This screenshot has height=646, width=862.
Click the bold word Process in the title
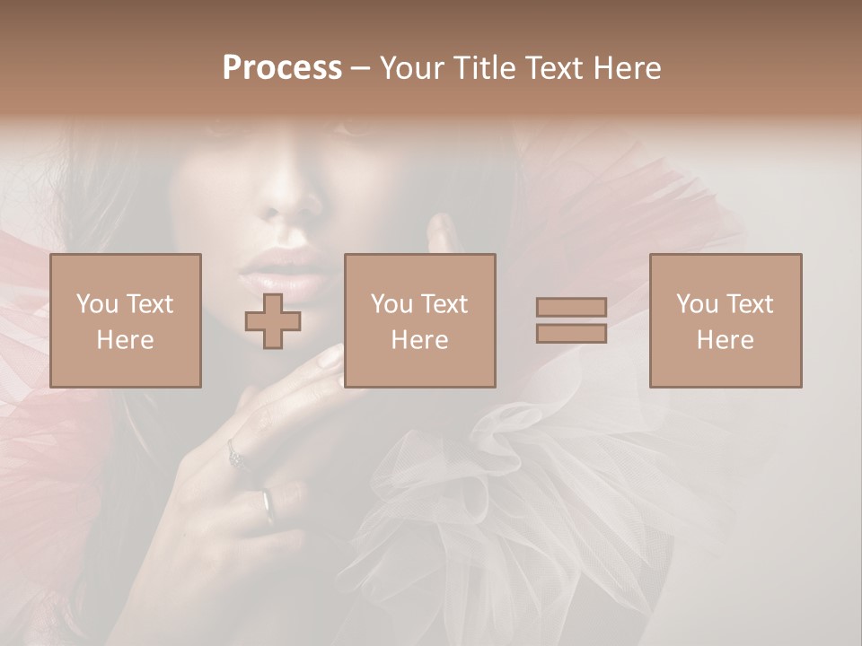pos(282,68)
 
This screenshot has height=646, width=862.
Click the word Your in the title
pos(411,68)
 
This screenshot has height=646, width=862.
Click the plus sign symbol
pos(273,321)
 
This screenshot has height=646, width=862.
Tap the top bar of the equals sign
pos(571,308)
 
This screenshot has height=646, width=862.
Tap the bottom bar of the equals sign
pos(571,333)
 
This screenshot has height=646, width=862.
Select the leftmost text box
pos(126,320)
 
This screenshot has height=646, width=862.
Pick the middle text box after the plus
pos(420,320)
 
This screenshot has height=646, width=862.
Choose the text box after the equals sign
pos(726,320)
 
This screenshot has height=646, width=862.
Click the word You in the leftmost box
pos(96,304)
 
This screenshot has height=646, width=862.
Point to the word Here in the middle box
pos(420,340)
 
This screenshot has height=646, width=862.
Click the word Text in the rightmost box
pos(749,304)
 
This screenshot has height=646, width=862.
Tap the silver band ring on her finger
pos(268,505)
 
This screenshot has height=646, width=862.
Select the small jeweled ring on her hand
pos(235,457)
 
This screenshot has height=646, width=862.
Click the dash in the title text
pos(361,68)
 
